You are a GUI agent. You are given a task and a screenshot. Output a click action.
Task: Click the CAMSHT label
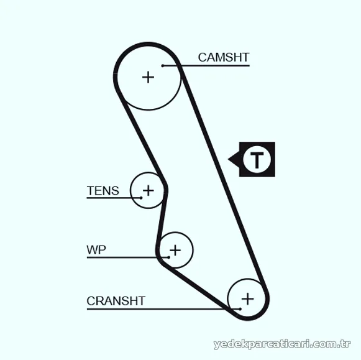point(224,57)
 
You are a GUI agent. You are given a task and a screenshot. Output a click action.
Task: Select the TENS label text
point(103,191)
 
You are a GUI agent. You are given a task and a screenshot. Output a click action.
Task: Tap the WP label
point(96,250)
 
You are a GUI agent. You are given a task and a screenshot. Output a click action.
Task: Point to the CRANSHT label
point(116,301)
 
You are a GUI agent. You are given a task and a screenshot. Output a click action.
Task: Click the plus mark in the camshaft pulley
point(148,77)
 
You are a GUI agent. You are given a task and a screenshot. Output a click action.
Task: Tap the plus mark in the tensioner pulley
point(149,190)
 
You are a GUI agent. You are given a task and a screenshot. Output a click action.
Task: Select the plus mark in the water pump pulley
point(175,250)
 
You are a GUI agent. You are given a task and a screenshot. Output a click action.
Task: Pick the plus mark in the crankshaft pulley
point(248,299)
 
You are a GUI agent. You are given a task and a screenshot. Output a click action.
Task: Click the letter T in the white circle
point(257,160)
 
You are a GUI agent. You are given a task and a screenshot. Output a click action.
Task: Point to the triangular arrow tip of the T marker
point(228,159)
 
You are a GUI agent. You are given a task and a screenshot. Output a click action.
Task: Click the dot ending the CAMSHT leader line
point(163,66)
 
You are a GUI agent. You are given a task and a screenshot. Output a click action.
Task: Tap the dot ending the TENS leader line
point(141,198)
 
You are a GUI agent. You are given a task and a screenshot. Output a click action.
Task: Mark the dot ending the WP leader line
point(169,257)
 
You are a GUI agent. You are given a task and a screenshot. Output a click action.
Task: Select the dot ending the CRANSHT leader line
point(240,309)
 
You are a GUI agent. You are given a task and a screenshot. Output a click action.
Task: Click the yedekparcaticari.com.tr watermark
point(282,344)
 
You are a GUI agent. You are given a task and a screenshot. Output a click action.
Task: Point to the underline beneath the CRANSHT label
point(163,309)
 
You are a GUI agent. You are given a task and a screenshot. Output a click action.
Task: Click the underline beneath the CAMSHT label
point(206,66)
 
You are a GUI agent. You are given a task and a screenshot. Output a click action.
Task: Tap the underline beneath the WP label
point(128,257)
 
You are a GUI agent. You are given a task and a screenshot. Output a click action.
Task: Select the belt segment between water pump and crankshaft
point(196,288)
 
